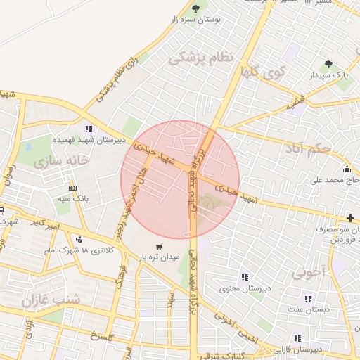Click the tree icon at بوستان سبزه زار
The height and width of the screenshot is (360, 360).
195,9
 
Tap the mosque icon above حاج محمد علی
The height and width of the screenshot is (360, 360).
347,169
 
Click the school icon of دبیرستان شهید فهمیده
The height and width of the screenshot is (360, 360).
89,129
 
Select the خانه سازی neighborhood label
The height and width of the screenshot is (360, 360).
61,162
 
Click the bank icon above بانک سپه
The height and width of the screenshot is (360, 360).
72,188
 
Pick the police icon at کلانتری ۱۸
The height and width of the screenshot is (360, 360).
78,239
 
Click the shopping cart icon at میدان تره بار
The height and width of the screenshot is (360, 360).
160,246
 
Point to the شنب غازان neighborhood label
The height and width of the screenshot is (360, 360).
51,300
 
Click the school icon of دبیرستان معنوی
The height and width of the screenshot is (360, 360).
245,277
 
